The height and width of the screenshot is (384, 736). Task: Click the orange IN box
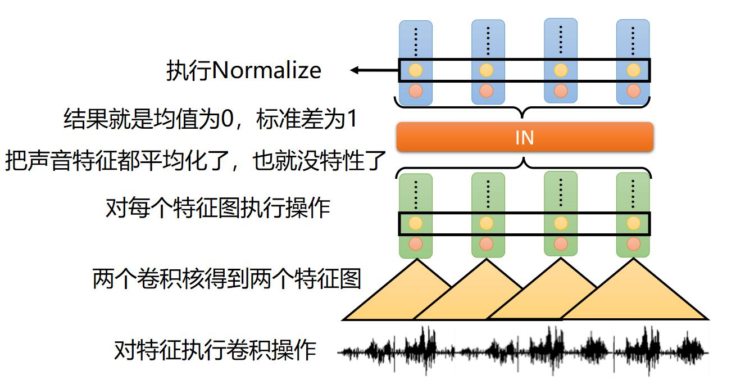tap(524, 137)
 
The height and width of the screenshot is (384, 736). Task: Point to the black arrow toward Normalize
tap(374, 70)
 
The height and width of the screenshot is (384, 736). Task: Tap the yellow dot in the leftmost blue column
tap(415, 71)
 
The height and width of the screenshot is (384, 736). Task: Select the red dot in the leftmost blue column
tap(415, 91)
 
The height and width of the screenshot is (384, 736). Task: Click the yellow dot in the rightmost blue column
tap(633, 71)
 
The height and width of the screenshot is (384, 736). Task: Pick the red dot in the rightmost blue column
tap(633, 91)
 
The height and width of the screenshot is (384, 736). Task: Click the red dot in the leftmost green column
tap(415, 244)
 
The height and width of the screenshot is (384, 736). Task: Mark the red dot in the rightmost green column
tap(633, 244)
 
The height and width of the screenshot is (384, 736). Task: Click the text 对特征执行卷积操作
tap(215, 351)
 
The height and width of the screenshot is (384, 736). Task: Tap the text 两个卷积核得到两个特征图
tap(226, 279)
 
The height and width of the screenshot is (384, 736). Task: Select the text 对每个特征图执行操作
tap(217, 209)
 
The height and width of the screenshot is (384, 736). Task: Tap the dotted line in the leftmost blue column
tap(415, 40)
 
